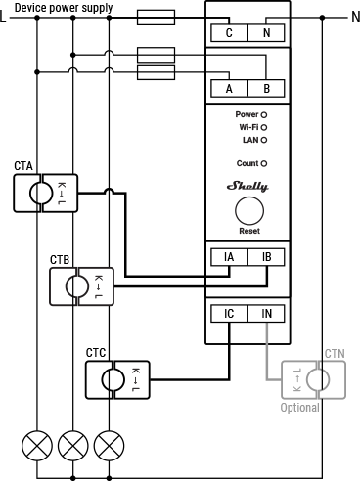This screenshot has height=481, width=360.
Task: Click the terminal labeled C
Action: pos(229,32)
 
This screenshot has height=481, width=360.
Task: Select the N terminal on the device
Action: pos(266,32)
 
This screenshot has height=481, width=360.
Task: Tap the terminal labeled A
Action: pos(229,88)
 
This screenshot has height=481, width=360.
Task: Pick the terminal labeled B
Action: pos(266,88)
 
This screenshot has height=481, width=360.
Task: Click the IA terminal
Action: pos(229,258)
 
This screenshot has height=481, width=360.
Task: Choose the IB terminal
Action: pos(266,258)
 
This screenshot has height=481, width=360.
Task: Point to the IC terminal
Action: pos(229,314)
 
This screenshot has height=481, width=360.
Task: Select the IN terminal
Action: pos(266,314)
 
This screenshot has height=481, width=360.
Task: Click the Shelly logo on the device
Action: pos(247,186)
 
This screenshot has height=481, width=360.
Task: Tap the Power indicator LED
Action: pos(264,114)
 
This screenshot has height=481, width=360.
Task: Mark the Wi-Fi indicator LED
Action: pos(264,127)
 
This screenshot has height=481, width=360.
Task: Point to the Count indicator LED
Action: pos(264,163)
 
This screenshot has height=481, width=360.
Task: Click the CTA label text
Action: pos(23,166)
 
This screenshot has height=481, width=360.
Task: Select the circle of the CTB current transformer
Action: pos(76,286)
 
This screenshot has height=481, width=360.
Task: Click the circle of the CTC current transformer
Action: pos(112,378)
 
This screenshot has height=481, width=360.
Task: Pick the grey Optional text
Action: pos(300,407)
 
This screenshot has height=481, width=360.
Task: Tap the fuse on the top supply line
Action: pos(156,17)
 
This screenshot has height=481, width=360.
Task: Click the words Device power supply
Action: pos(63,7)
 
